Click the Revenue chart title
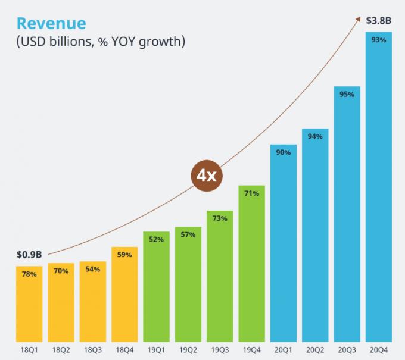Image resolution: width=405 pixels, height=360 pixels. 51,23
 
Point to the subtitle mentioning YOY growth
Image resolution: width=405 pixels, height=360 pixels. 101,42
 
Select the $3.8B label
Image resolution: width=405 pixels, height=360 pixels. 378,20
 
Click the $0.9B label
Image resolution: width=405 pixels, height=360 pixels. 29,255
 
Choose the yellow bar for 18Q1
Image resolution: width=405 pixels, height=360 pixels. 30,303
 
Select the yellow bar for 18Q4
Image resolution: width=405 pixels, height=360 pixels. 124,295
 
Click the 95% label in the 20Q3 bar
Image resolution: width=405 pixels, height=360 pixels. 347,94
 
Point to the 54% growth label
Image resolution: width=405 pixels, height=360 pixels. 93,270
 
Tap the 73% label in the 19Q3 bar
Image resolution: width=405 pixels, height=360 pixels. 220,218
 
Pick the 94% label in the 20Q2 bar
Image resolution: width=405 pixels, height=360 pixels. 315,136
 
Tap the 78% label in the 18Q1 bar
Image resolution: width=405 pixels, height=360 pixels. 30,274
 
